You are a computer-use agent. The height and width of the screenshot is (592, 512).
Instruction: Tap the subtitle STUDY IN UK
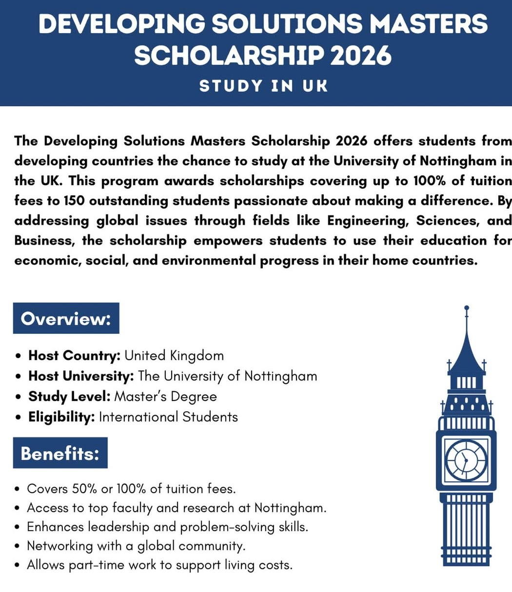coord(263,86)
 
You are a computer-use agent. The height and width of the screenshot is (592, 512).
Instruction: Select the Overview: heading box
coord(66,319)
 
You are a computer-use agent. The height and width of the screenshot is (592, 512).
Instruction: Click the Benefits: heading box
coord(60,453)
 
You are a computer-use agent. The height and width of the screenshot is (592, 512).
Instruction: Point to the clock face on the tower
coord(466,460)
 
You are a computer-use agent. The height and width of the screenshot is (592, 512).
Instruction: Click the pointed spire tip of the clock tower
coord(467,309)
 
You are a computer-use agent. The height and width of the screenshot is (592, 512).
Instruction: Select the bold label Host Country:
coord(74,355)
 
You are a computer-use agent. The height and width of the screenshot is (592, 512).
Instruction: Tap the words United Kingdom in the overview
coord(174,355)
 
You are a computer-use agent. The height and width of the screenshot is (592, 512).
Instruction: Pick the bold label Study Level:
coord(69,396)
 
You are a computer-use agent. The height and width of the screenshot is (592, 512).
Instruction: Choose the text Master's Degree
coord(165,396)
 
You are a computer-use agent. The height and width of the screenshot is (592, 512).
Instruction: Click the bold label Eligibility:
coord(61,417)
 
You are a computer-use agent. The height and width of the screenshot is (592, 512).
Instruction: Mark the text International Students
coord(168,417)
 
